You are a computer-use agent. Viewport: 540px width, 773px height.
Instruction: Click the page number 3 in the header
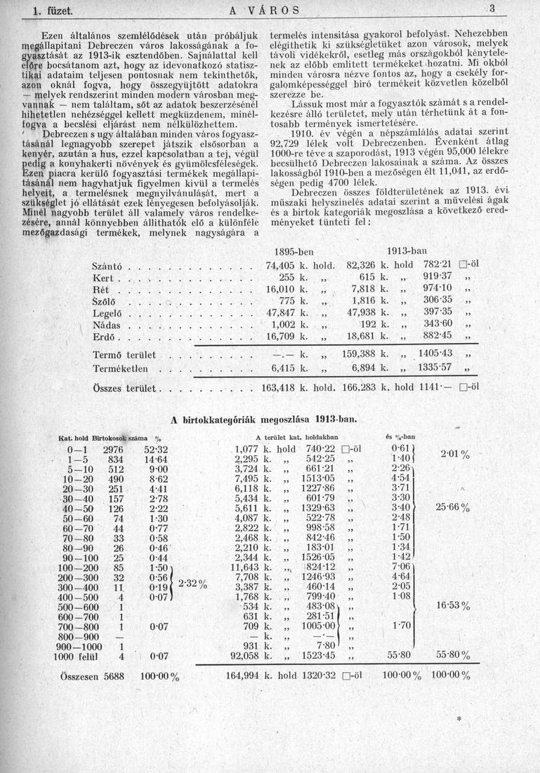click(493, 9)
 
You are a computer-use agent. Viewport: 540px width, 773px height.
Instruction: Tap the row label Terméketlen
click(121, 368)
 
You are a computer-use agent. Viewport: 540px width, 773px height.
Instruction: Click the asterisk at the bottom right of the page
click(460, 720)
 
